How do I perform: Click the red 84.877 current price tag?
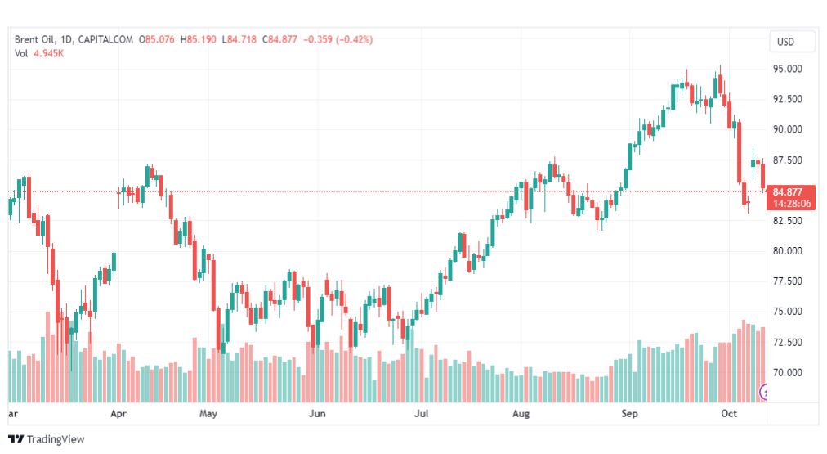(x=792, y=192)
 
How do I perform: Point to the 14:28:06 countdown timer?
(x=792, y=204)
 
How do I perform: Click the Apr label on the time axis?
(x=118, y=415)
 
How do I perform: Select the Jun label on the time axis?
(x=316, y=415)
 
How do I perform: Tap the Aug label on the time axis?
(x=521, y=415)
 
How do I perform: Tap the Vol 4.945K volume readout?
(x=39, y=53)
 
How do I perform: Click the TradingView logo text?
(x=56, y=439)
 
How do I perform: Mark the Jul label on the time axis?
(x=422, y=415)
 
